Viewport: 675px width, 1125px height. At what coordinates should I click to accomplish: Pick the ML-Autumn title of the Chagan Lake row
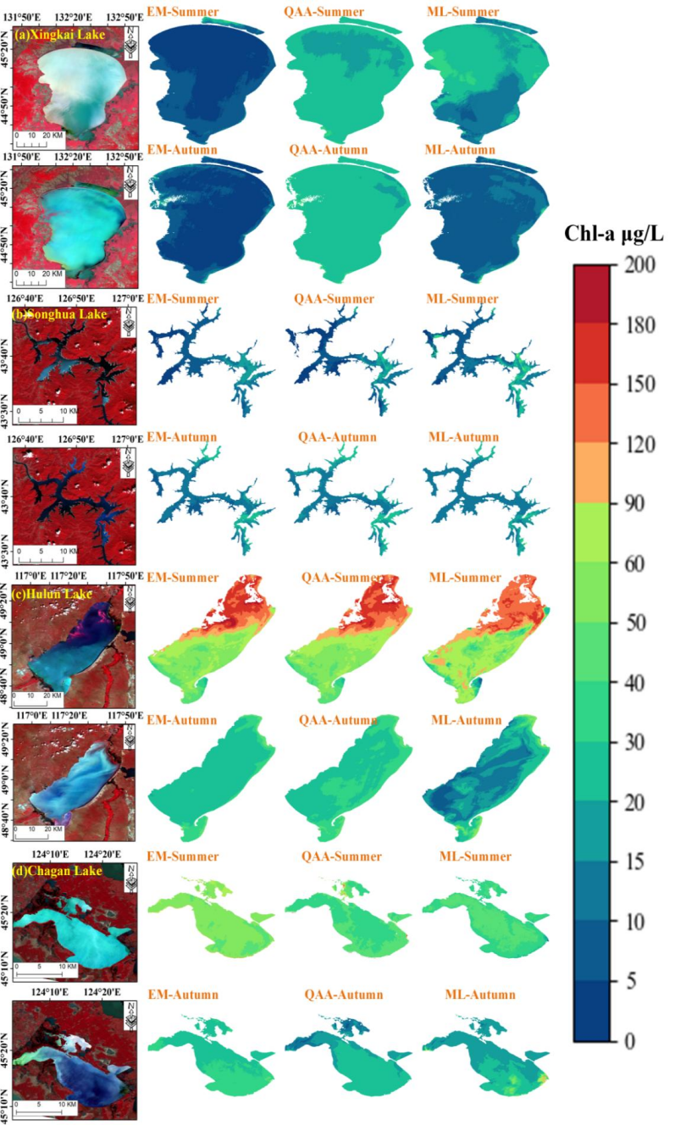point(479,995)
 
